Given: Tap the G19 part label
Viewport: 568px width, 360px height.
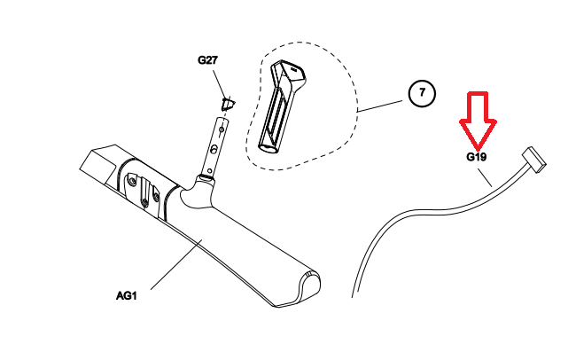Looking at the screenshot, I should click(x=478, y=157).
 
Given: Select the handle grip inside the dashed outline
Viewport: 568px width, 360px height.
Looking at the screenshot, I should click(x=278, y=106).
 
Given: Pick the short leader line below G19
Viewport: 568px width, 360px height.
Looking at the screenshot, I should click(x=487, y=175).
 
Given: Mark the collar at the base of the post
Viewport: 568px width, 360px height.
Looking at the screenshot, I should click(x=206, y=178).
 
